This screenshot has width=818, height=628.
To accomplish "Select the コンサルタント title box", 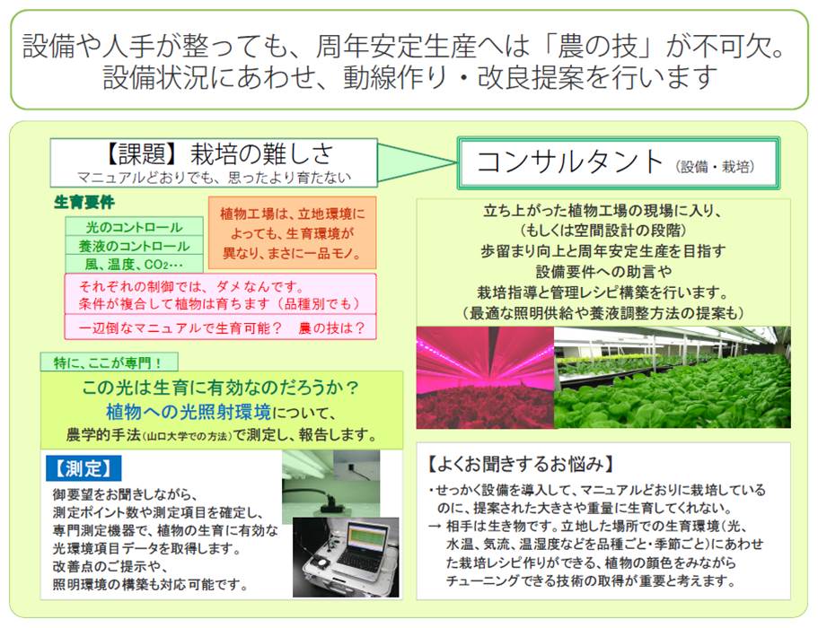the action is point(618,163).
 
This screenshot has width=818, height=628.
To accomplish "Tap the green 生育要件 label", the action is point(84,202).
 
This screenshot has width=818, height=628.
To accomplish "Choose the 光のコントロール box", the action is point(134,227).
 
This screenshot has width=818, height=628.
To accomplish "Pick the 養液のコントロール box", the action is point(134,246).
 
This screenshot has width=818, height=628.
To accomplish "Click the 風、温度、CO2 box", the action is point(134,264).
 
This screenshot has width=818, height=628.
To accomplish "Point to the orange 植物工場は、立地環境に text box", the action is point(292,233).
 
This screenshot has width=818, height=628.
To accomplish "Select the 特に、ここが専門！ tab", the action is point(109,362).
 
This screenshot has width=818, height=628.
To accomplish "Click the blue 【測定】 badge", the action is point(84,468).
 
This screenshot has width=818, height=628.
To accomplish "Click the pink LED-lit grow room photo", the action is point(485,378).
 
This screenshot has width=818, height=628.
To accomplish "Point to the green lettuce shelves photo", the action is point(673,378).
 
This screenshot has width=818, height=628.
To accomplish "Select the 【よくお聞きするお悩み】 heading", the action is point(520,463).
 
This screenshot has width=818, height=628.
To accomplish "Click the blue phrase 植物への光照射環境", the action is point(189,412).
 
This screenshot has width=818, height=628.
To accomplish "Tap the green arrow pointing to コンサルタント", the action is point(417,162).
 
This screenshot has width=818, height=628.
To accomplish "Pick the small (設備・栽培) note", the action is point(715,167).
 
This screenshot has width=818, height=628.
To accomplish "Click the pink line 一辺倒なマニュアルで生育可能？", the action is point(180,327).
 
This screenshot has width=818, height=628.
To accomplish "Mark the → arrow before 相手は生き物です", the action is point(435,527).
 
